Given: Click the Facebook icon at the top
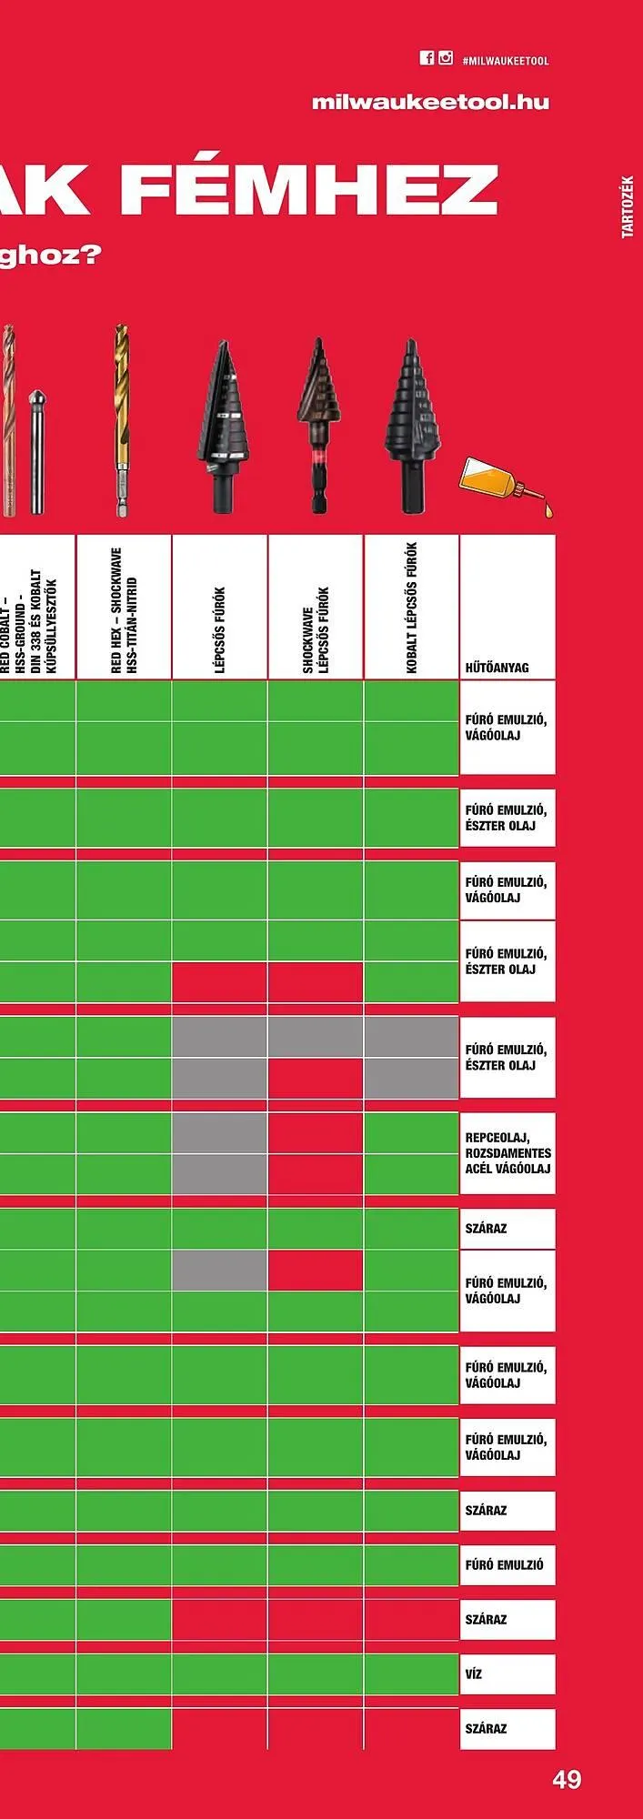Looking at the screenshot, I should coord(427,58).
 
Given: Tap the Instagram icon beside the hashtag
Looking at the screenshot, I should coord(446,58).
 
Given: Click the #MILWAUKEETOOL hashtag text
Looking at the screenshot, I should coord(506,61).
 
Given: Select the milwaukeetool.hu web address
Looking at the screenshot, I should coord(430,102).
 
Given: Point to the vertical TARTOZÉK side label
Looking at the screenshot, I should coord(628,206).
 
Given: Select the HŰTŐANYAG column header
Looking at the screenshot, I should coord(497,668).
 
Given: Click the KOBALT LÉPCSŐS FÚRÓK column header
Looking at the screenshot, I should coord(411,608).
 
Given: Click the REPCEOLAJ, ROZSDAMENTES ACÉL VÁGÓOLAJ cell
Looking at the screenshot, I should coord(507,1152).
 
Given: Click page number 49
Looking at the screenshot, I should coord(567,1779).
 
